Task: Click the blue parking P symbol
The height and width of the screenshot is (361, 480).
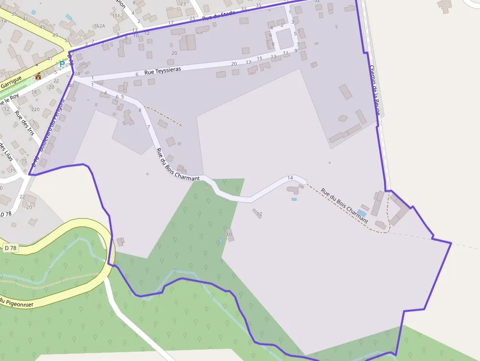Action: tap(62, 64)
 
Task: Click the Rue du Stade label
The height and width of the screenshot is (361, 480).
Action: tap(218, 15)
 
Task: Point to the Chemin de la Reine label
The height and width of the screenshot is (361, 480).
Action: tap(375, 91)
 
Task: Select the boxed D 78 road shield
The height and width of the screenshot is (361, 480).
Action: tap(10, 248)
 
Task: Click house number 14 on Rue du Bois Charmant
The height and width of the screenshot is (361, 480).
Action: tap(290, 178)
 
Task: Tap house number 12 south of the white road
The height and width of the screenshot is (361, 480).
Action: tap(260, 214)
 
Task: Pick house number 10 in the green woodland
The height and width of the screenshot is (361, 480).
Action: tap(229, 235)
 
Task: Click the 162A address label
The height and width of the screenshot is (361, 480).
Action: tap(99, 26)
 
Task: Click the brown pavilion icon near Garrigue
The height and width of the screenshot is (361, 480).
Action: tap(38, 76)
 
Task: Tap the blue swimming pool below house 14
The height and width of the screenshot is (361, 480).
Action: tap(294, 199)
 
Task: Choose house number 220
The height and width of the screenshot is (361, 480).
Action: tap(35, 109)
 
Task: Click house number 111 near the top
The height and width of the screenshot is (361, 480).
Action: tap(116, 16)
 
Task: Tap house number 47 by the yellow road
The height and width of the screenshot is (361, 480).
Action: tap(49, 59)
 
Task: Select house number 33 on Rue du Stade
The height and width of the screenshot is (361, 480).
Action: tap(244, 9)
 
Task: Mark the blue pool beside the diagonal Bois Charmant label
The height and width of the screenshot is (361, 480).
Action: tap(361, 213)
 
